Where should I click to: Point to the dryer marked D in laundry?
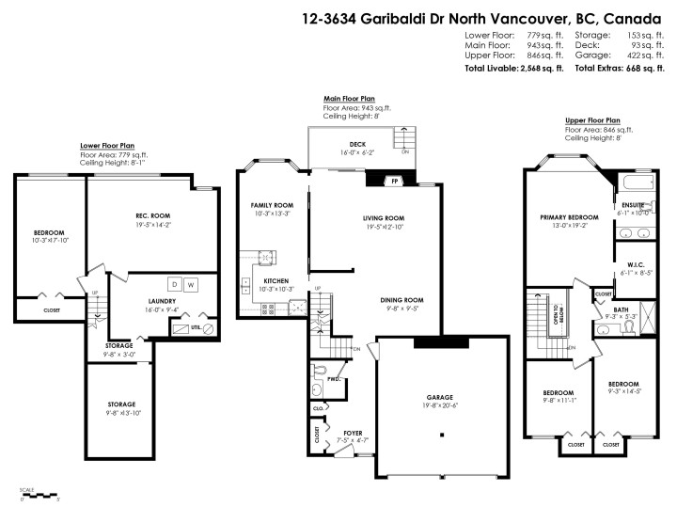(x=173, y=283)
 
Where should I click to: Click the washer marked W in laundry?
(x=191, y=283)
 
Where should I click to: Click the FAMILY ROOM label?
(x=272, y=205)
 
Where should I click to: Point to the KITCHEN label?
(x=276, y=281)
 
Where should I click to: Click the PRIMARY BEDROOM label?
(x=562, y=217)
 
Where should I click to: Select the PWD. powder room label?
(x=333, y=381)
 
